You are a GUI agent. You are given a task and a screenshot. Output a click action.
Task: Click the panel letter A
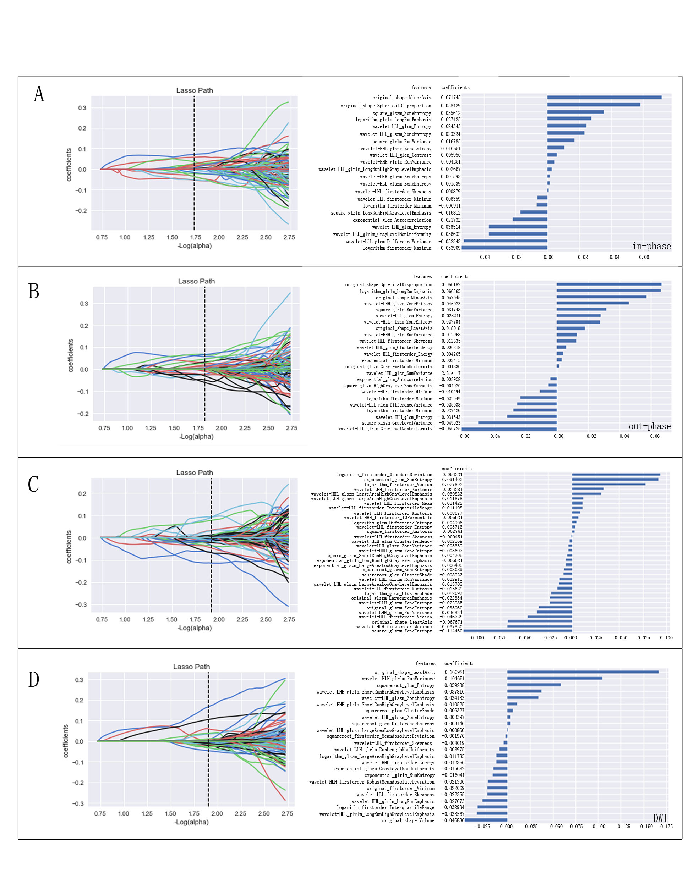[39, 94]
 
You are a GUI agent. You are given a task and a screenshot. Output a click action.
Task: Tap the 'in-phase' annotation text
[651, 246]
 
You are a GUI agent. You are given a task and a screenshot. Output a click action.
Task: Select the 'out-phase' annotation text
[650, 426]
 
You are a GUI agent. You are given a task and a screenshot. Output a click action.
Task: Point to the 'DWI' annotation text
[660, 818]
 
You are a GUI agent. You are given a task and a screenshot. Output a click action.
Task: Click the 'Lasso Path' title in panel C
[195, 473]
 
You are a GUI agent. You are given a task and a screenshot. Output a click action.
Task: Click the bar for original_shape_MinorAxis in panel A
[604, 97]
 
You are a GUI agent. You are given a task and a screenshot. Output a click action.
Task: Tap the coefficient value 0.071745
[450, 98]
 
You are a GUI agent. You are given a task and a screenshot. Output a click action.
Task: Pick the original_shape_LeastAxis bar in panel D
[583, 672]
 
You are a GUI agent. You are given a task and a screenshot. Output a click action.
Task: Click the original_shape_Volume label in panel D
[408, 821]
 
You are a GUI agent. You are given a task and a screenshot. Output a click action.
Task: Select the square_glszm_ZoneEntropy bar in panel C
[518, 630]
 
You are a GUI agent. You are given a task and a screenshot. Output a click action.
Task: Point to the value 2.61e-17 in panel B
[451, 373]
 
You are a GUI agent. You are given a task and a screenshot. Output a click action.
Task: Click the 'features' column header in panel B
[422, 277]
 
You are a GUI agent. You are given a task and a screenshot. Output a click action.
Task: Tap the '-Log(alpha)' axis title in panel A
[195, 246]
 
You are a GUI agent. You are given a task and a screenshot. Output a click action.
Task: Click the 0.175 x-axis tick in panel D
[666, 827]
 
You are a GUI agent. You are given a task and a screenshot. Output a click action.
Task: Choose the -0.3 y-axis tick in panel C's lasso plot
[81, 604]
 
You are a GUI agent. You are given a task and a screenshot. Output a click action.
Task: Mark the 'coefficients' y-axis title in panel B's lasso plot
[71, 355]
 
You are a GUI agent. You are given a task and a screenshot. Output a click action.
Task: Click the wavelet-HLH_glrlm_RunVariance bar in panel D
[555, 679]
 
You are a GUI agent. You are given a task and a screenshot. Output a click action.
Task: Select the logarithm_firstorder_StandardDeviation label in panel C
[384, 475]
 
